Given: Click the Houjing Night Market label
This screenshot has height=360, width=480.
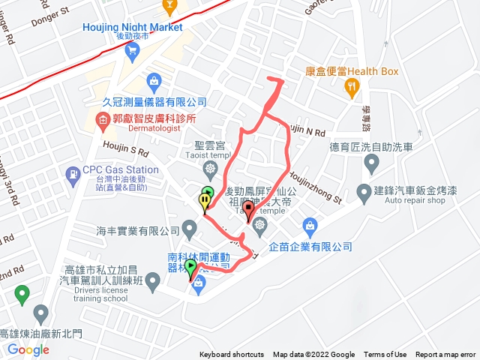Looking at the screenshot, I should point(132,28).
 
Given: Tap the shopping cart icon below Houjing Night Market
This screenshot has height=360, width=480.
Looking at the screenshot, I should point(133,51).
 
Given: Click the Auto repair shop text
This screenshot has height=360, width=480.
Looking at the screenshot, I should point(409,201).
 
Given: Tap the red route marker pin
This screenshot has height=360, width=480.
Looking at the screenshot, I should point(249,210).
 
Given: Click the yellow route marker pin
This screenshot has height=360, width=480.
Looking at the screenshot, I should point(205,202).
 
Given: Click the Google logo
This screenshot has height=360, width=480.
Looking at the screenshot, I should point(28,349).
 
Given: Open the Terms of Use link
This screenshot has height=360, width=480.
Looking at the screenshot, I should point(385,355).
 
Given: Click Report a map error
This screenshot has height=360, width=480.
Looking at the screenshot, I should point(445,355).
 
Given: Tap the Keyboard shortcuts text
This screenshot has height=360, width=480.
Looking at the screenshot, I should point(231,355).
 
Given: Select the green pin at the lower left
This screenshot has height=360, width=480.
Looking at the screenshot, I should point(22,292).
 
